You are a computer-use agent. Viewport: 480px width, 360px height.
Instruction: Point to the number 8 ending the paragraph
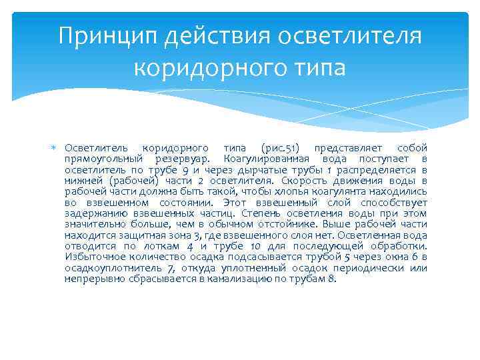333,279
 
